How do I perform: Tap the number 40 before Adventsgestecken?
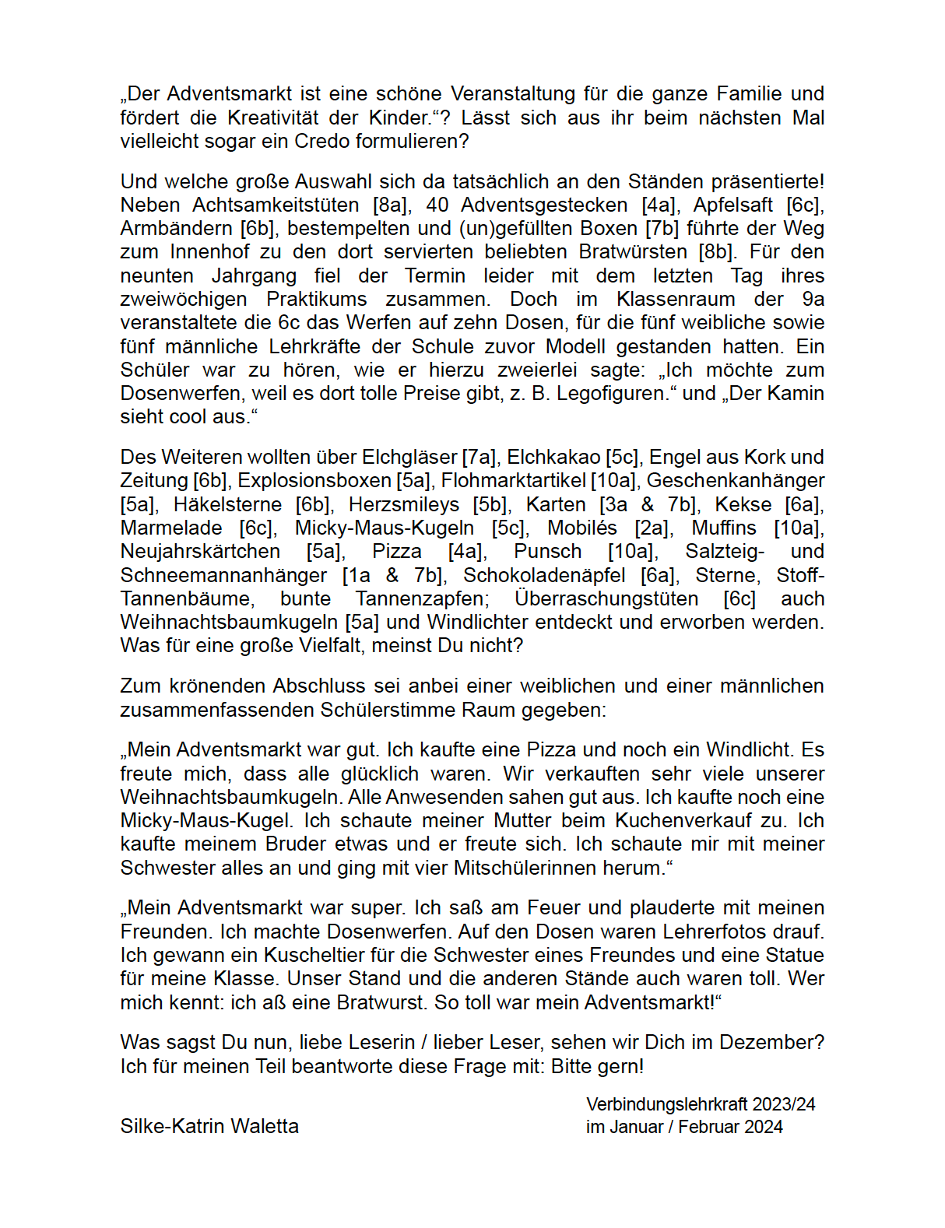(x=437, y=205)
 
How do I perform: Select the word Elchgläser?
(x=409, y=458)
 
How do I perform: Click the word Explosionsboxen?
(x=314, y=481)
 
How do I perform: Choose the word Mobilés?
(x=581, y=528)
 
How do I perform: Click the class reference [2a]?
(x=653, y=528)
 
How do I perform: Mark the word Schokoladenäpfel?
(x=544, y=576)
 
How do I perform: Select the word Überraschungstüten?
(x=606, y=599)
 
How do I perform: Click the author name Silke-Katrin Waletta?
(x=209, y=1127)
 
